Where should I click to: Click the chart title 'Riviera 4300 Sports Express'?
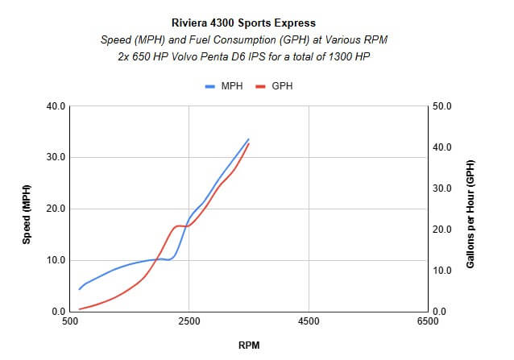(256, 23)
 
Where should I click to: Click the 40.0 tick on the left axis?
(53, 106)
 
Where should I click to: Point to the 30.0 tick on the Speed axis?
(53, 157)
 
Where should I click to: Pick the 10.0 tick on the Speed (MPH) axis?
(53, 260)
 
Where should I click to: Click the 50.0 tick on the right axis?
(444, 106)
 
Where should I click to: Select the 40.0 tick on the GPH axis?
(444, 147)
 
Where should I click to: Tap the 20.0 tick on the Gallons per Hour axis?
(444, 230)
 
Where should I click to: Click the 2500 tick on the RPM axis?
(189, 321)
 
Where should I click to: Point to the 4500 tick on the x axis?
(309, 321)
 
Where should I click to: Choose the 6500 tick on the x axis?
(428, 321)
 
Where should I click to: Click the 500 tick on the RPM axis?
(70, 321)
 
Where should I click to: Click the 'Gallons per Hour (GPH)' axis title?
(472, 209)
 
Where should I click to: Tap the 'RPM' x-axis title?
(249, 345)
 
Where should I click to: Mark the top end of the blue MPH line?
(249, 139)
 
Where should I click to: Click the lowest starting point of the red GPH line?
(79, 309)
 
